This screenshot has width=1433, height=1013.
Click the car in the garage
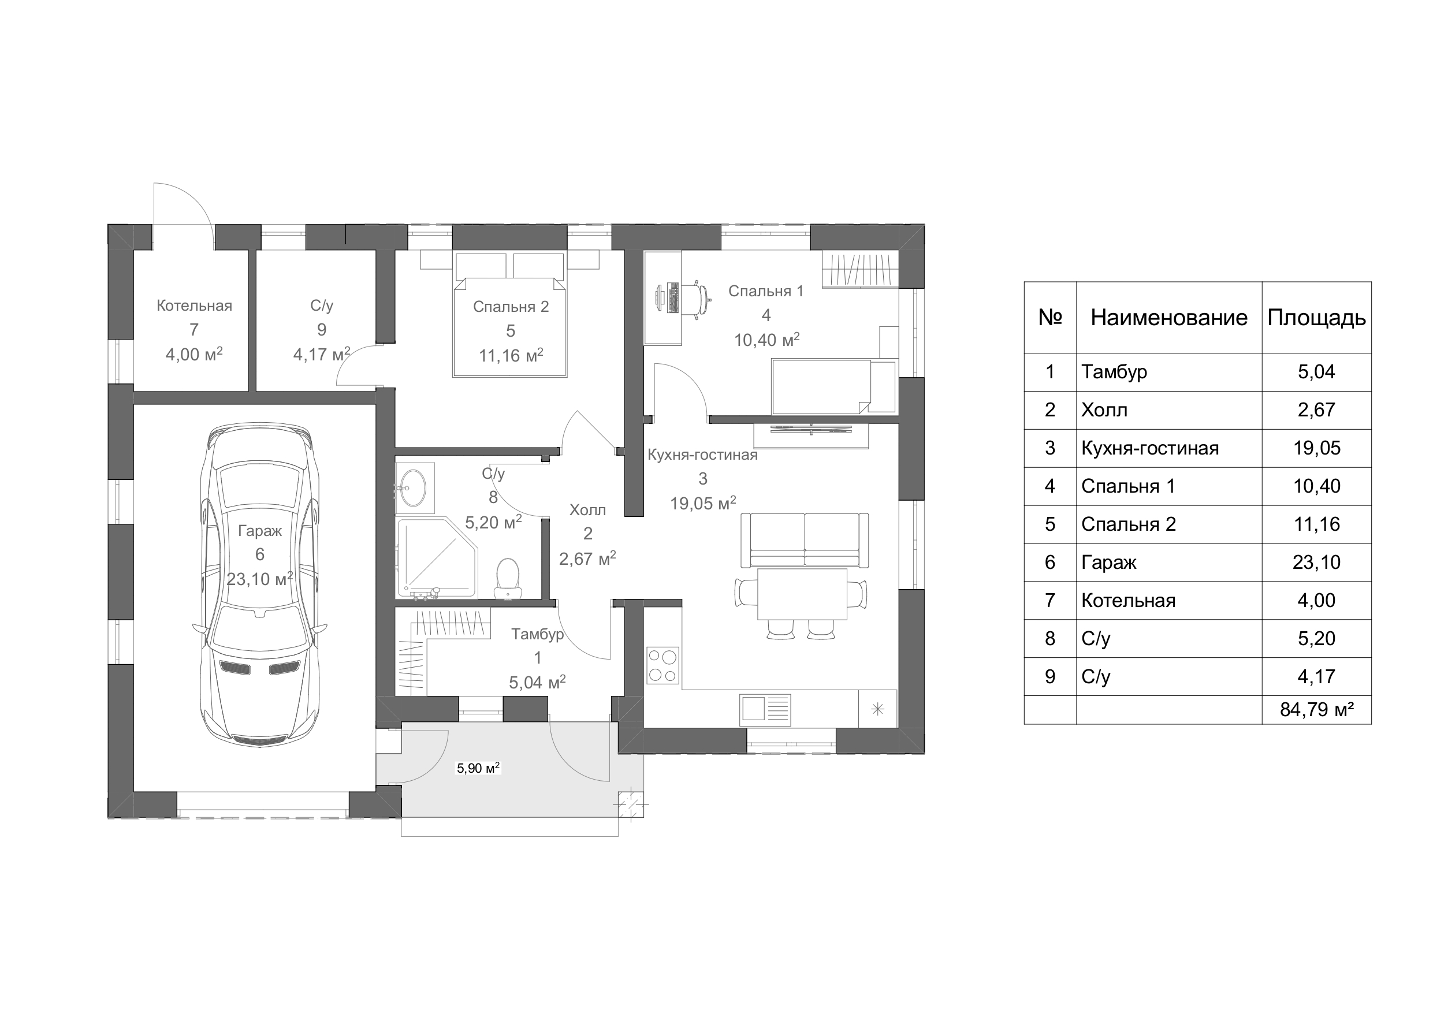pyautogui.click(x=260, y=585)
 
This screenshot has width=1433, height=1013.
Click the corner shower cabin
pyautogui.click(x=437, y=557)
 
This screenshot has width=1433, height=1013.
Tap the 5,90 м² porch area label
pyautogui.click(x=478, y=768)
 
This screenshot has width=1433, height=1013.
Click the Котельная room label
pyautogui.click(x=194, y=306)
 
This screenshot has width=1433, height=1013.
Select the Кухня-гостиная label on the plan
pyautogui.click(x=702, y=455)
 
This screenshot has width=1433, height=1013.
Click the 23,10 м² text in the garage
pyautogui.click(x=260, y=579)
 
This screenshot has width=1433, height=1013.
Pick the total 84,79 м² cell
pyautogui.click(x=1316, y=710)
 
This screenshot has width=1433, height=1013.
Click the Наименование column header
pyautogui.click(x=1169, y=318)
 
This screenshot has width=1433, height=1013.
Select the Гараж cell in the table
pyautogui.click(x=1169, y=563)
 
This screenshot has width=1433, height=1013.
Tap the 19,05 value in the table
pyautogui.click(x=1316, y=448)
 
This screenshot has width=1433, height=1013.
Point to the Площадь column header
pyautogui.click(x=1316, y=318)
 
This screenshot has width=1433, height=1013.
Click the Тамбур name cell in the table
pyautogui.click(x=1169, y=372)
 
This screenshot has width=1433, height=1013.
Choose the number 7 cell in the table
pyautogui.click(x=1050, y=601)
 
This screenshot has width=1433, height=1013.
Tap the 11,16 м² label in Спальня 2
pyautogui.click(x=511, y=355)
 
